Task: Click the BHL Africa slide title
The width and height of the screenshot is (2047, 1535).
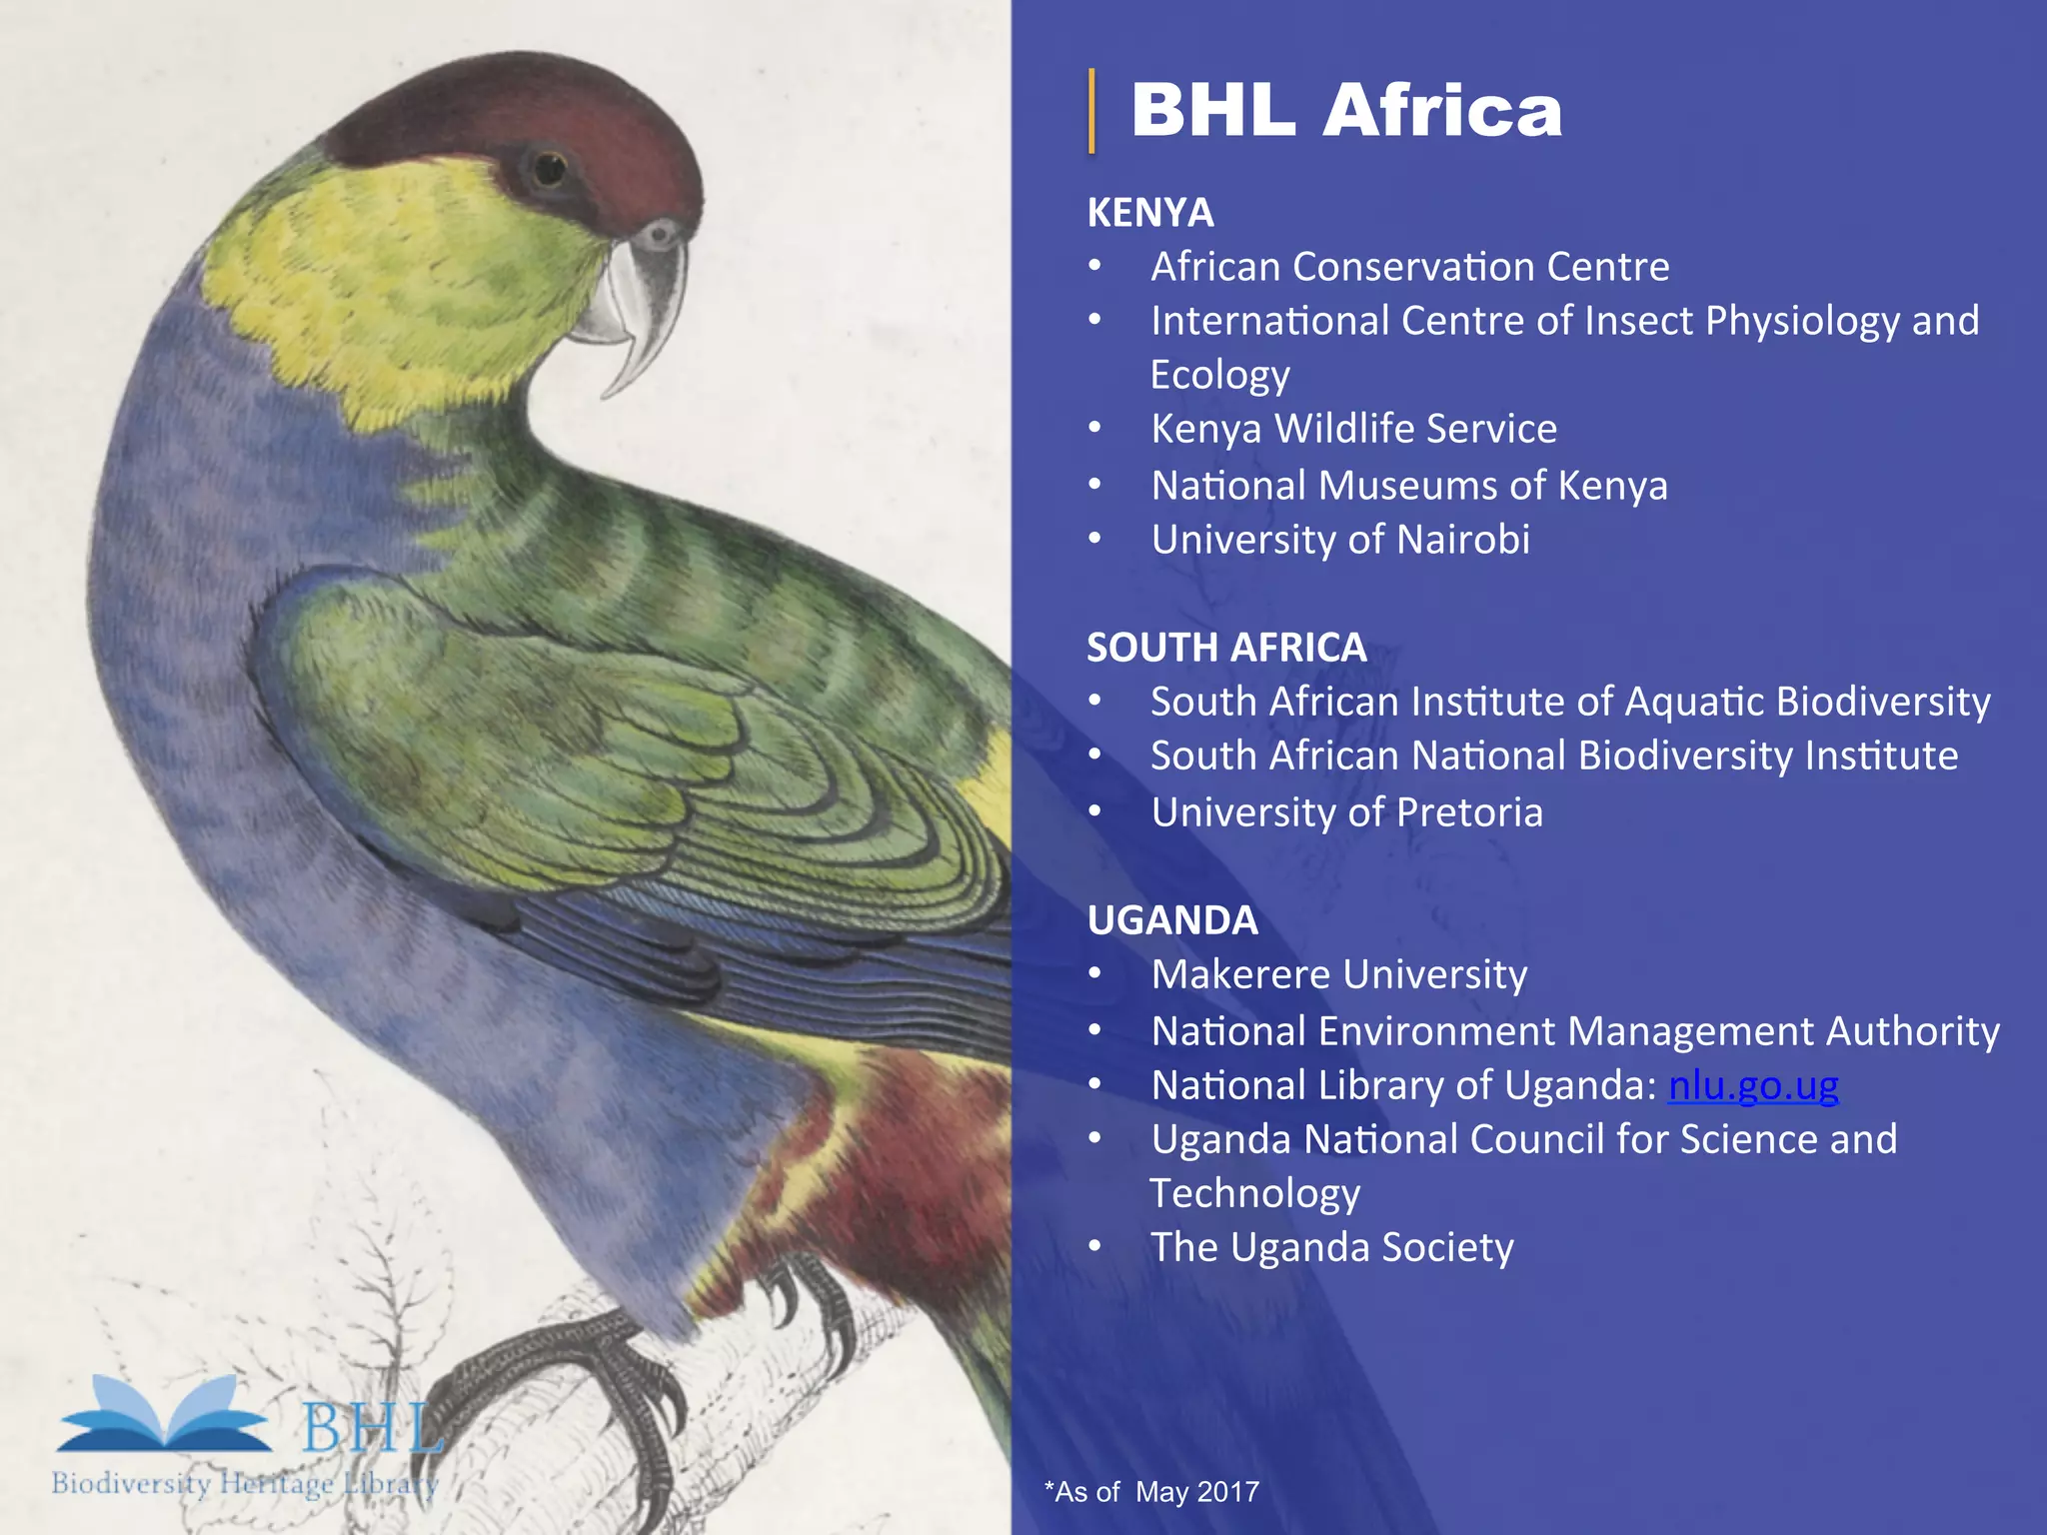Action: point(1345,110)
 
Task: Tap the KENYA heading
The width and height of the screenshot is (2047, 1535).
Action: point(1149,213)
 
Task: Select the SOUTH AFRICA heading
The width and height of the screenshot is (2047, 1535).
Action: point(1226,648)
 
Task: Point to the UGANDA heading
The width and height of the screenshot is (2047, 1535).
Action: point(1172,920)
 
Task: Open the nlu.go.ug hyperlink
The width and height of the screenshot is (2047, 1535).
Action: point(1753,1085)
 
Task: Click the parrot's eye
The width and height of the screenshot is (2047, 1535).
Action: point(549,169)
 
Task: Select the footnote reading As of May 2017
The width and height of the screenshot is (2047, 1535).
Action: point(1151,1492)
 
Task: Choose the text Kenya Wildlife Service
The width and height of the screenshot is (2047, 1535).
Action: point(1353,429)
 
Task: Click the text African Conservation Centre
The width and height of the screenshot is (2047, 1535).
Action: point(1409,267)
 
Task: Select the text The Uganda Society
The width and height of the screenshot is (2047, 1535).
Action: point(1331,1247)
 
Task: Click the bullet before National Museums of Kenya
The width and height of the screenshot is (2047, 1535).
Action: point(1095,486)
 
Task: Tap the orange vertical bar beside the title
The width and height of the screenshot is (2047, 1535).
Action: point(1091,111)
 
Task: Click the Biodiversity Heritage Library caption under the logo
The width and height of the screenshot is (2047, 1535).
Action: point(244,1483)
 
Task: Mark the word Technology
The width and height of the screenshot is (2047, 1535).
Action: point(1254,1193)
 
